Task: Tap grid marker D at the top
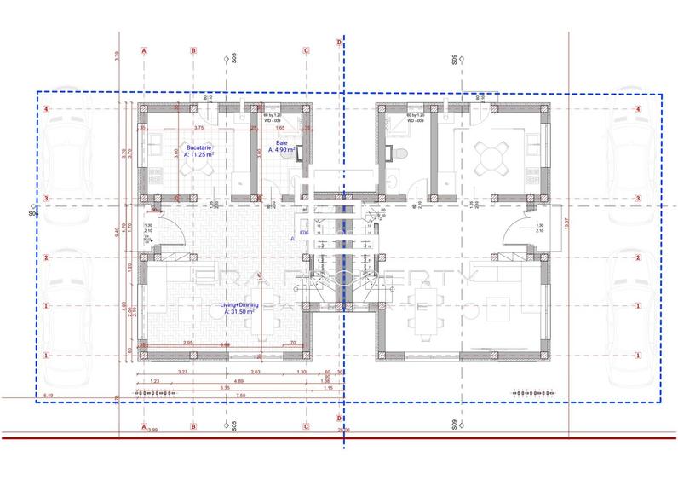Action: [x=340, y=42]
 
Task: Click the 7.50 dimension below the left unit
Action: [x=241, y=396]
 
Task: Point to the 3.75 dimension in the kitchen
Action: [x=199, y=128]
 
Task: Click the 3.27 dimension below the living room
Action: [x=183, y=373]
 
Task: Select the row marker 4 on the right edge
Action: [x=637, y=109]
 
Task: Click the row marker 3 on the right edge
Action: [x=637, y=199]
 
